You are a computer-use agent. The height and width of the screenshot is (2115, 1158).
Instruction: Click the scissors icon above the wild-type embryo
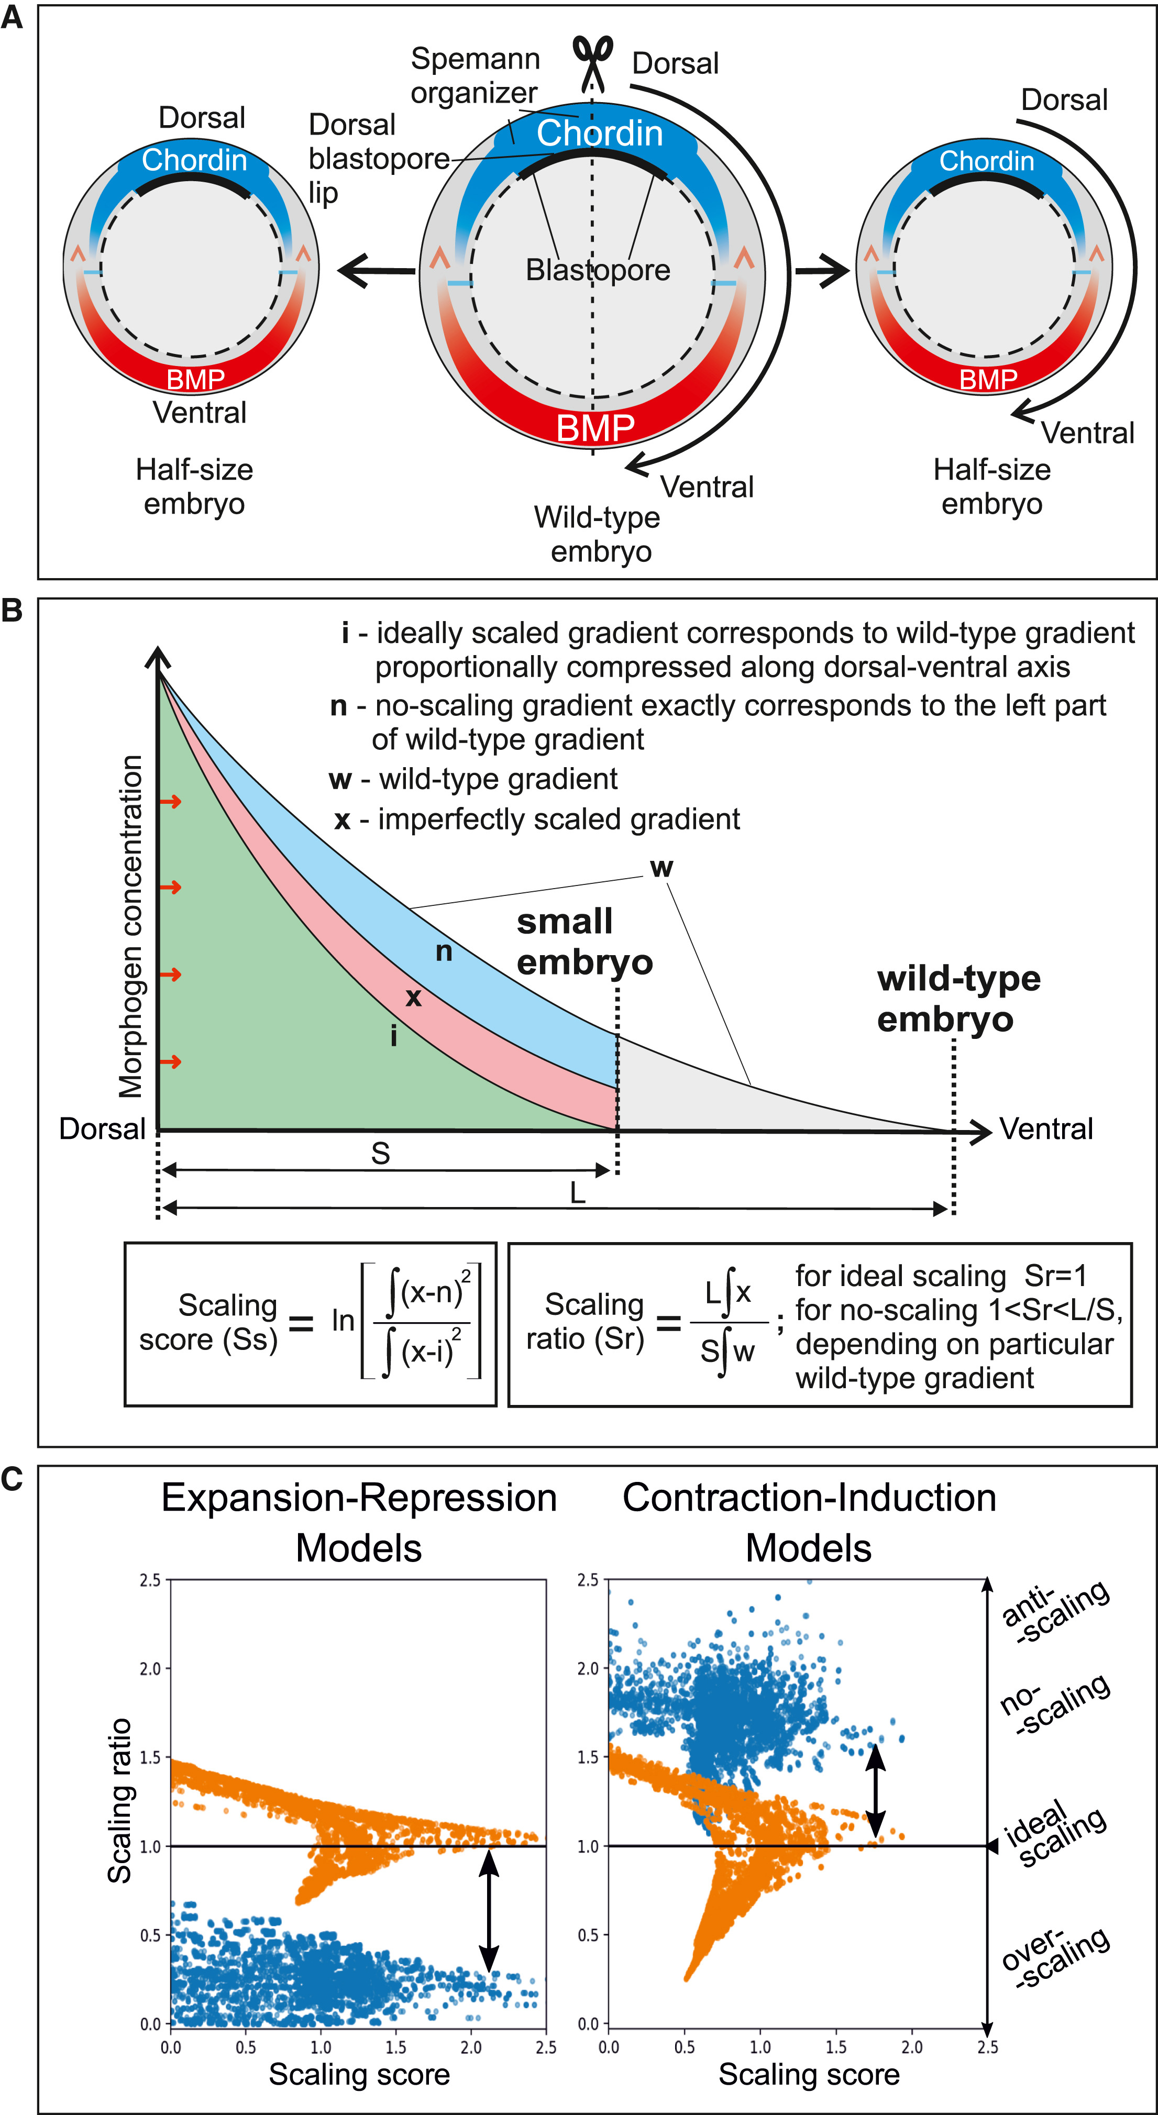tap(592, 62)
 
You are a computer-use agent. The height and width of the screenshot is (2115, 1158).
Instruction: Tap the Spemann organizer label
tap(475, 75)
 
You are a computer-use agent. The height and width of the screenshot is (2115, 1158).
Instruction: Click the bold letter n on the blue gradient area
tap(444, 951)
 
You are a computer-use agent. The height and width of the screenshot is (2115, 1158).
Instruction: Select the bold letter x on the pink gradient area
tap(413, 998)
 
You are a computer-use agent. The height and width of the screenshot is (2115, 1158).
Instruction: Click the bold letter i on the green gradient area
tap(393, 1036)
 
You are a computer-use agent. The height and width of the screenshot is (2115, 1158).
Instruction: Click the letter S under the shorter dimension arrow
tap(380, 1154)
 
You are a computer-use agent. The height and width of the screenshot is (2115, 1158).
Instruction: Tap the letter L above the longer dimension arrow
tap(577, 1193)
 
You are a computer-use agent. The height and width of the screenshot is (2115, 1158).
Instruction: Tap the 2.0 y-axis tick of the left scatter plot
tap(150, 1668)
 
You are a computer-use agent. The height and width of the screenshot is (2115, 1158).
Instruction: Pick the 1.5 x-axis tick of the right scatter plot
tap(835, 2047)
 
